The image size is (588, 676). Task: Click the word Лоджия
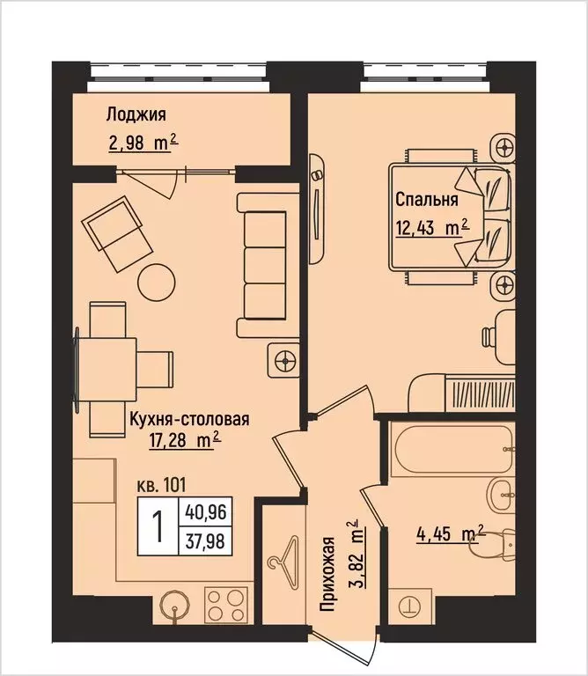[x=136, y=114]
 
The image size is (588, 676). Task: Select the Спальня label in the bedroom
[x=426, y=199]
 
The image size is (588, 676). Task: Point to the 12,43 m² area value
[x=431, y=228]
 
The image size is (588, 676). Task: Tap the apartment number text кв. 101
[x=163, y=483]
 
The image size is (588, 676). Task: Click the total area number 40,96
[x=204, y=510]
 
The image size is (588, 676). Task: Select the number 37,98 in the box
[x=204, y=539]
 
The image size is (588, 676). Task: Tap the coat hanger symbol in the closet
[x=283, y=561]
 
